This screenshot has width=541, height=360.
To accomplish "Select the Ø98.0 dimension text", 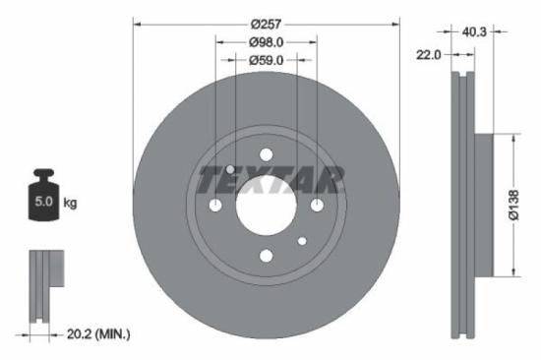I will pos(266,42).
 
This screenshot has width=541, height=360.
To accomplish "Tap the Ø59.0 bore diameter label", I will pos(266,60).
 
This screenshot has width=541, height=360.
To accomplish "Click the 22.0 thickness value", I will pos(428,56).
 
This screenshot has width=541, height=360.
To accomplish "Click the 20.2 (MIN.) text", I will pos(95,334).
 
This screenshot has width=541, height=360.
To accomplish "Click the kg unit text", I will pos(70,204).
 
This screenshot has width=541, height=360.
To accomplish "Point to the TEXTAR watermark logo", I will pos(270,180).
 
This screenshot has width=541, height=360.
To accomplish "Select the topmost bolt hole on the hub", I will pos(266,154).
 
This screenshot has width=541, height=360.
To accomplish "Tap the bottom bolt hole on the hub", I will pos(266,256).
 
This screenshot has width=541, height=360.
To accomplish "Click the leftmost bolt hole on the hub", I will pos(215,205).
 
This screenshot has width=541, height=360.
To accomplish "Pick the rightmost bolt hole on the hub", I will pos(317,205).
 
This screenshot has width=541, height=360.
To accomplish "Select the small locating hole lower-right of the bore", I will pos(302,240).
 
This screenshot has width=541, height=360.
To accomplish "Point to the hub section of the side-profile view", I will pos(484,205).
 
